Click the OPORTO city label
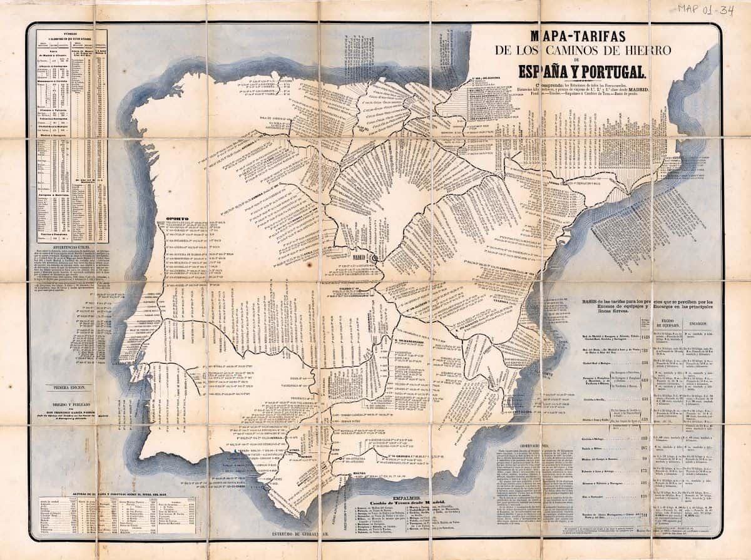[x=177, y=220]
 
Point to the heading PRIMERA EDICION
[x=69, y=388]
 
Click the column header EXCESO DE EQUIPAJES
[x=669, y=324]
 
